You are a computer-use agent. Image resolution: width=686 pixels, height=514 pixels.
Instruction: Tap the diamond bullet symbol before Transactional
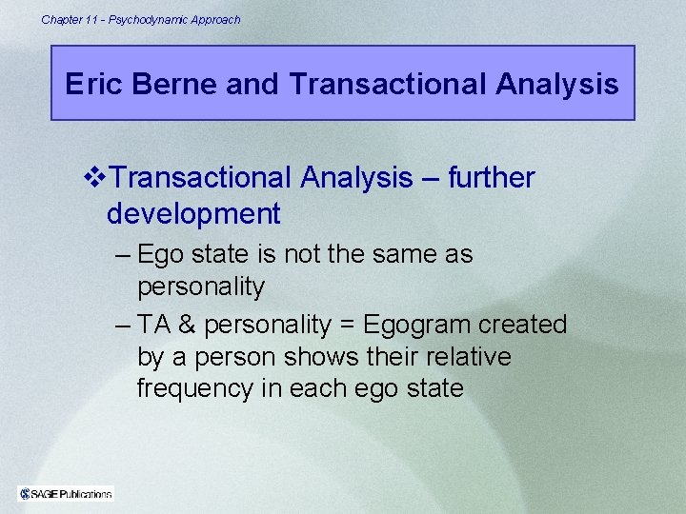tap(91, 178)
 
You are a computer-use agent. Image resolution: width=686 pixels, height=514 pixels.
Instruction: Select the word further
tap(491, 178)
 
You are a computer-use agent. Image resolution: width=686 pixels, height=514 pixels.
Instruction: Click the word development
tap(193, 214)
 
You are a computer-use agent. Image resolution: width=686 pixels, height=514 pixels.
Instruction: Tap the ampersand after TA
tap(188, 325)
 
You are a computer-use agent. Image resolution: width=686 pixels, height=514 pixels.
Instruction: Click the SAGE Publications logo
tap(66, 493)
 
